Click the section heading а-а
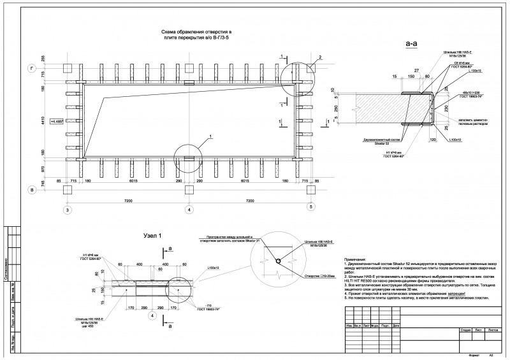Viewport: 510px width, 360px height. [411, 44]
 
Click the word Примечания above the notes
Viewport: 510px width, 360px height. [359, 260]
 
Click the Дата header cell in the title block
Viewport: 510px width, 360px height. [397, 326]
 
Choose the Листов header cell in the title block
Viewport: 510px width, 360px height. [492, 330]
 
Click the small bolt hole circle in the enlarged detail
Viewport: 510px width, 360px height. [277, 261]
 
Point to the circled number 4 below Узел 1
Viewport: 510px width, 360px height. [152, 315]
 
